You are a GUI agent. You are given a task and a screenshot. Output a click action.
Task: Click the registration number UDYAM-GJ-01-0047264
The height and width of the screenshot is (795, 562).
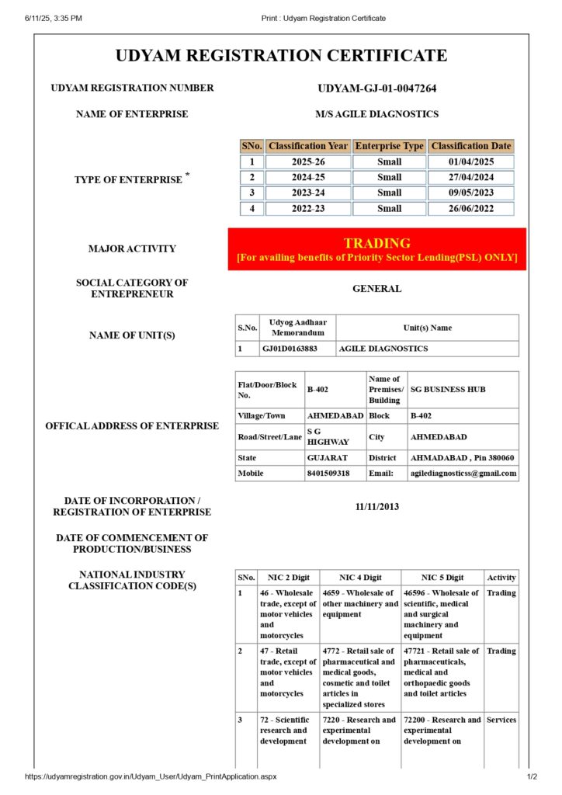pos(376,89)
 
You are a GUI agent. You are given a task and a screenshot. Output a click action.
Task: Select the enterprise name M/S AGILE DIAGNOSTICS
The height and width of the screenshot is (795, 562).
pos(376,114)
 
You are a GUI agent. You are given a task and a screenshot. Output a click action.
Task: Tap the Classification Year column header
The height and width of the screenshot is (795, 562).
pos(308,146)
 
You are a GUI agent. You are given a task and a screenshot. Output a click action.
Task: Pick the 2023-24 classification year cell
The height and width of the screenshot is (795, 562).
pos(308,193)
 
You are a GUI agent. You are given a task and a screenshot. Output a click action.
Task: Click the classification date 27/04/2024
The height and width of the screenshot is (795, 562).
pos(470,177)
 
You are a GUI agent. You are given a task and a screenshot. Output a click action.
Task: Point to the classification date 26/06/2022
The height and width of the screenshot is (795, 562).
pos(470,208)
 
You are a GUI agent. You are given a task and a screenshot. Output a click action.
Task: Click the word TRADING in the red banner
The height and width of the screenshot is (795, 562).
pos(376,243)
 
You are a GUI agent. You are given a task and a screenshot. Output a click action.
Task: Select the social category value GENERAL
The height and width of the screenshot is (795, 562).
pos(376,289)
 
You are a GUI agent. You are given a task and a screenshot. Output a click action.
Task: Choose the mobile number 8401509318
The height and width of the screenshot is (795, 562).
pos(328,473)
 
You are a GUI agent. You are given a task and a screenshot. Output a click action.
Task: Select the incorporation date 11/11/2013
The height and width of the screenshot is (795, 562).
pos(376,507)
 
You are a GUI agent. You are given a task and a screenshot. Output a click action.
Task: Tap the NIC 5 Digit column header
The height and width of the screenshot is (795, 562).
pos(442,578)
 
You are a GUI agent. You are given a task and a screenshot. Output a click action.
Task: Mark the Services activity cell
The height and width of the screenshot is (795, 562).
pos(501,720)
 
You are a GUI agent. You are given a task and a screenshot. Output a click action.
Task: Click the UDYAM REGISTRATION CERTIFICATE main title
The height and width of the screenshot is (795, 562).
pos(281,56)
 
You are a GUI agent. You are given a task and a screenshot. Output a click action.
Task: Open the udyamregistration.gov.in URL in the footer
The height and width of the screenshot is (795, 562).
pos(150,776)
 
